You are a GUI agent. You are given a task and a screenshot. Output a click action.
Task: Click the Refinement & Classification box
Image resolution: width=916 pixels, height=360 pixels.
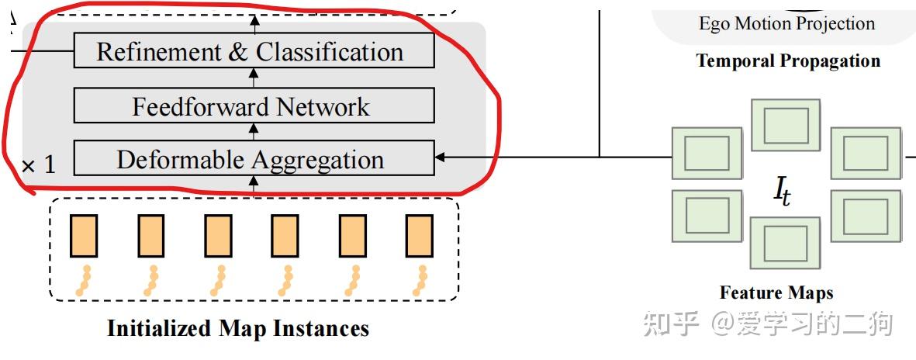[x=254, y=50]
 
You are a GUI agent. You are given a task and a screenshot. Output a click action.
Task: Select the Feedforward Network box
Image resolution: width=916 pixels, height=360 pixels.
[x=254, y=106]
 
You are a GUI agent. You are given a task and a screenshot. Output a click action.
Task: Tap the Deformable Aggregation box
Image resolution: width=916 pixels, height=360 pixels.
[x=254, y=157]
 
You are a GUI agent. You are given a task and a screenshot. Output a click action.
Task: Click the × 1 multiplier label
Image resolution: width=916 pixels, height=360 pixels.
[x=39, y=164]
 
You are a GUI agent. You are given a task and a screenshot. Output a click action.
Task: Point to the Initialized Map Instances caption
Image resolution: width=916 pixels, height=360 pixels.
[x=238, y=328]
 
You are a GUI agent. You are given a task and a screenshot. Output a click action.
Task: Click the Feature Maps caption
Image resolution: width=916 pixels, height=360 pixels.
[x=776, y=292]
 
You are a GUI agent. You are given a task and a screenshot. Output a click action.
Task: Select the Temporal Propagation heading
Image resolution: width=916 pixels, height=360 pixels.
[x=788, y=61]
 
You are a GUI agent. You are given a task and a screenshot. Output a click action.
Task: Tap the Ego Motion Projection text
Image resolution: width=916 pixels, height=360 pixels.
[x=787, y=23]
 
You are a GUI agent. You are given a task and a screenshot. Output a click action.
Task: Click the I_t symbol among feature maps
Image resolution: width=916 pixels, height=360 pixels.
[x=783, y=192]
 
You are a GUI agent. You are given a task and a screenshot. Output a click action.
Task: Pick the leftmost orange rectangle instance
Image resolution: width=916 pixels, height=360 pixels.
[x=84, y=236]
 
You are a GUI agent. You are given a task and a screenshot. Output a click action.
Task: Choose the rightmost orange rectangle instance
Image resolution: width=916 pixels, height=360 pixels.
[x=420, y=236]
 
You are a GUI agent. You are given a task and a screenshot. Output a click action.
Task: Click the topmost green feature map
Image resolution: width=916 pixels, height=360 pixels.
[x=786, y=125]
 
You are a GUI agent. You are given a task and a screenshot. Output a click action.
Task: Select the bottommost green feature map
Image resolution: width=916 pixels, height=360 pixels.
[x=786, y=243]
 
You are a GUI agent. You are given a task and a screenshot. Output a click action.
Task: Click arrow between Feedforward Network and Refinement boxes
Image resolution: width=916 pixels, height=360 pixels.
[x=254, y=78]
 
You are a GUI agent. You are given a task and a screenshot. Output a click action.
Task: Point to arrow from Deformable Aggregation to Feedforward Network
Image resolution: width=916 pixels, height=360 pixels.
[x=254, y=131]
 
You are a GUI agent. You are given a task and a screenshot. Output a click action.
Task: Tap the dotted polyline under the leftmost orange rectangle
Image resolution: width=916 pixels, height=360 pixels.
[x=84, y=281]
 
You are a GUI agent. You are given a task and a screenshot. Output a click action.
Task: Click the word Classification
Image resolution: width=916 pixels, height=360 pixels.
[x=330, y=51]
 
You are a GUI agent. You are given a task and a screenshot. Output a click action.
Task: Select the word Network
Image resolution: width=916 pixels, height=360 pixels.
[x=323, y=106]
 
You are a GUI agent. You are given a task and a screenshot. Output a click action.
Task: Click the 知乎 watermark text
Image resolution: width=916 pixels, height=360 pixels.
[x=671, y=323]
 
